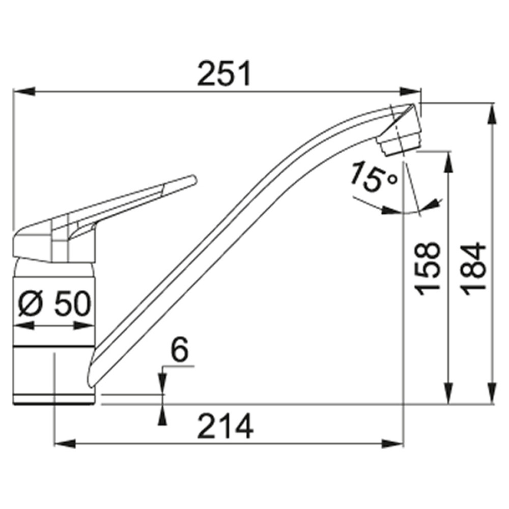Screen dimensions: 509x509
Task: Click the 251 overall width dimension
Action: (224, 73)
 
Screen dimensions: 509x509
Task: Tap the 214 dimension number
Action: (225, 426)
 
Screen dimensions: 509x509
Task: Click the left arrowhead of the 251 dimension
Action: (24, 92)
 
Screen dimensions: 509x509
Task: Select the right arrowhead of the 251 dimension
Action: (410, 92)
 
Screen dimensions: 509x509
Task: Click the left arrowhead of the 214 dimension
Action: (65, 443)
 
